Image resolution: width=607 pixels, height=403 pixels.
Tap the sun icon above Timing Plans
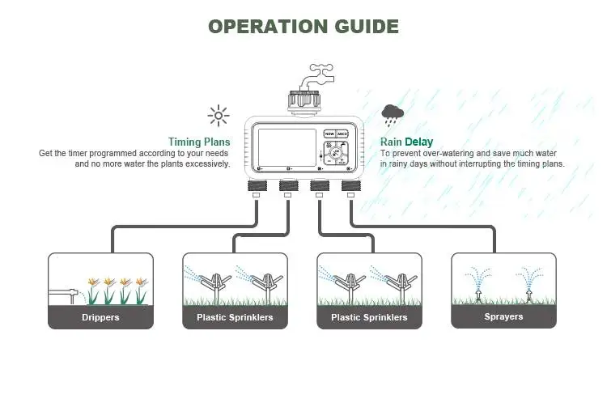(218, 116)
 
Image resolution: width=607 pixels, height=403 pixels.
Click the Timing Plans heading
(199, 142)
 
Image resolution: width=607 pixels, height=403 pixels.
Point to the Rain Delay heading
(406, 142)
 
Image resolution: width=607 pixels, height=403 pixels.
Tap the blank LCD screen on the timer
(286, 149)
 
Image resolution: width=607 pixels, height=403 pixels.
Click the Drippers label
(100, 317)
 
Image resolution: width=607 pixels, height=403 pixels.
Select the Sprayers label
(503, 317)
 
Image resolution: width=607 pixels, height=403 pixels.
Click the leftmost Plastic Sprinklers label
(235, 317)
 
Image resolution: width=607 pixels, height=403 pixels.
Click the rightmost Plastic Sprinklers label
(369, 317)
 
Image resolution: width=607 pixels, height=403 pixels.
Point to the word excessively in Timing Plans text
(205, 163)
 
